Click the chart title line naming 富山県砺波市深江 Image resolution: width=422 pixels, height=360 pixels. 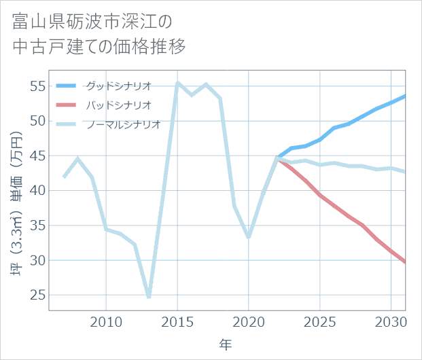(x=92, y=22)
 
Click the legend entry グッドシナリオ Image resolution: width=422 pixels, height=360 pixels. (x=118, y=86)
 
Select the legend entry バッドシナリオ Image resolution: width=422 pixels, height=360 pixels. (x=118, y=105)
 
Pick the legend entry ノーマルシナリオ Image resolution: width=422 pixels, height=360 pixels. (x=123, y=124)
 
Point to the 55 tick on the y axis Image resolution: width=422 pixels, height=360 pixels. (x=37, y=86)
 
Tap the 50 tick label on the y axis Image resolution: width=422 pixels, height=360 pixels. (x=37, y=121)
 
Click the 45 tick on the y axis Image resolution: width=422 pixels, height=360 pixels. (x=37, y=156)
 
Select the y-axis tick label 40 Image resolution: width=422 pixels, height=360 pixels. (x=37, y=191)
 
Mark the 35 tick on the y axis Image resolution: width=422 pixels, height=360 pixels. (x=37, y=226)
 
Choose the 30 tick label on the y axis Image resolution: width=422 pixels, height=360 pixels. (x=37, y=260)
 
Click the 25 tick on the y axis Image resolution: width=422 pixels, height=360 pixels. (x=37, y=295)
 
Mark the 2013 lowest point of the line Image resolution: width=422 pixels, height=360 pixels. (x=149, y=297)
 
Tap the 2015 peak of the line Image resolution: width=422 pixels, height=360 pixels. (x=177, y=83)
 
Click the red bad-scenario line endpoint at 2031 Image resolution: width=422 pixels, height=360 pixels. (x=405, y=262)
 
